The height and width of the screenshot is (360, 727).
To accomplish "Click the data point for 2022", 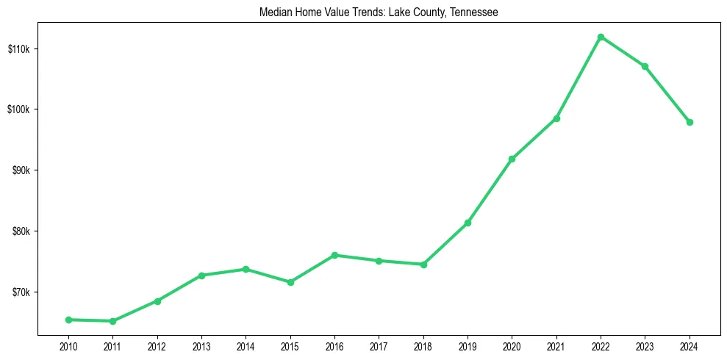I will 601,37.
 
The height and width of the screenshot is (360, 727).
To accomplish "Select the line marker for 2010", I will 68,320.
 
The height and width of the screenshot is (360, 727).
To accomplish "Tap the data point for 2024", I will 690,122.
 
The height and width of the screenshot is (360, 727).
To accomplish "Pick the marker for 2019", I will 468,223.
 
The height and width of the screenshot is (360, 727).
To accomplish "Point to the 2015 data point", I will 290,282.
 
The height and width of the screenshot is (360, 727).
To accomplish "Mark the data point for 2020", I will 512,159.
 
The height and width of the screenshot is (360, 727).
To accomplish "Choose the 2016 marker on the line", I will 334,255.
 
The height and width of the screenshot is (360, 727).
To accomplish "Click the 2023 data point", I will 645,66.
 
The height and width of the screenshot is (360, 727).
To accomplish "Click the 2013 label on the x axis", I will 201,346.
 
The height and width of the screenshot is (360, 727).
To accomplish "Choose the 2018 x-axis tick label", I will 423,346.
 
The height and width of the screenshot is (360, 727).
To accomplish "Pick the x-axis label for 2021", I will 556,346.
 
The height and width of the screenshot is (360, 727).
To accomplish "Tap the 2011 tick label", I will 112,346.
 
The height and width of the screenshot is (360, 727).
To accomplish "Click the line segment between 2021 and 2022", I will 579,77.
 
